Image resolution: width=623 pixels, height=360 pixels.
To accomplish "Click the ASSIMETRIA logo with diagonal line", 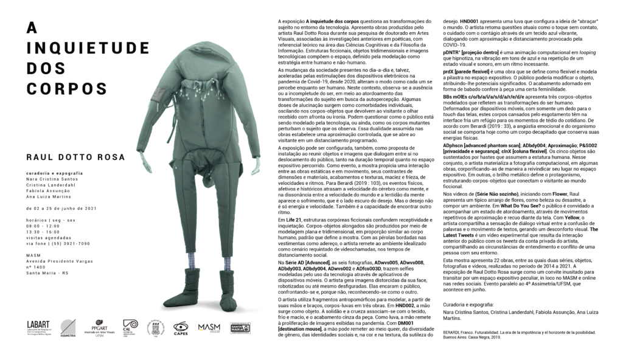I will point(68,327).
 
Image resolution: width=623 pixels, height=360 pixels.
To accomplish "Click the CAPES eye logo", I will point(181,328).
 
